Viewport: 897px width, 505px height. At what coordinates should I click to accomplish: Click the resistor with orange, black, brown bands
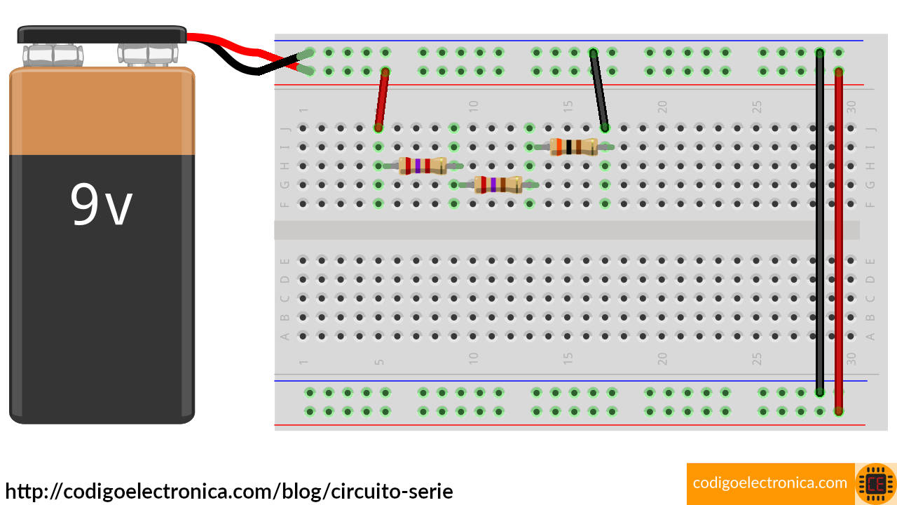[574, 147]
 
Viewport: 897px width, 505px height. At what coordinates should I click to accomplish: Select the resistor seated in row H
[423, 166]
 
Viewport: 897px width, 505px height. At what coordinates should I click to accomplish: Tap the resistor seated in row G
[498, 184]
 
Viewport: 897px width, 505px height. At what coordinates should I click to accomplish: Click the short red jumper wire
[381, 100]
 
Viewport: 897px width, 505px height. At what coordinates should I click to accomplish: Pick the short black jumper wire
[599, 90]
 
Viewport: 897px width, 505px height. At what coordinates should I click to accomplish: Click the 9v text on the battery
[101, 204]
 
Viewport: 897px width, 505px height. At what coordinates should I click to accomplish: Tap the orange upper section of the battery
[102, 111]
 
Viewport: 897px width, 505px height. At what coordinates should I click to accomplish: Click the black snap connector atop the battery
[102, 34]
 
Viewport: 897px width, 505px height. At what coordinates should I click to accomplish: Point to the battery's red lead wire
[238, 47]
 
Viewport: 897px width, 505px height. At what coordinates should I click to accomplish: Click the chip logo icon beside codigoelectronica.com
[875, 484]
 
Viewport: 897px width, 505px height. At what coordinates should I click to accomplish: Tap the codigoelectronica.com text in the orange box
[769, 483]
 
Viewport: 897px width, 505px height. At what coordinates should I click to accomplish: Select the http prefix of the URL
[25, 491]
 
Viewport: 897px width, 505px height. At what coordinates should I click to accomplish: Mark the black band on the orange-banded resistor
[569, 147]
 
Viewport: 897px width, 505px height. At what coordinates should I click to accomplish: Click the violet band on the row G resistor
[493, 184]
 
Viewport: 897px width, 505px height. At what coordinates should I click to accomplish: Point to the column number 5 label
[379, 362]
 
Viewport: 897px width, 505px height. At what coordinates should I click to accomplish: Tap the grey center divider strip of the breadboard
[566, 230]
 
